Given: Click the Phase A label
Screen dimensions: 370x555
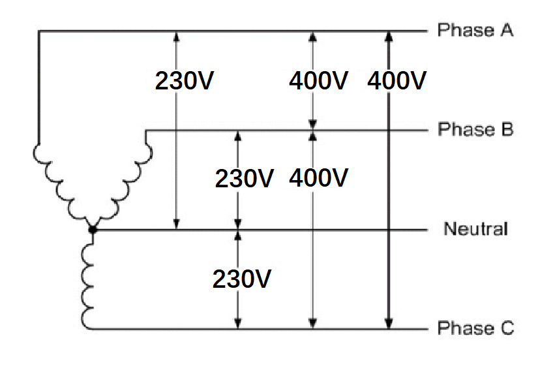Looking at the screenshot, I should click(x=475, y=30).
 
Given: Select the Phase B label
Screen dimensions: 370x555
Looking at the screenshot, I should click(x=475, y=129).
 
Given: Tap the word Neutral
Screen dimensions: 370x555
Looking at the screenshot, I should click(x=475, y=229).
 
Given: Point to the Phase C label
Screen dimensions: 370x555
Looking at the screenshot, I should click(x=475, y=328).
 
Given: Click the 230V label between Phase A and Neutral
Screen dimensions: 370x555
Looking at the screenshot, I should click(x=185, y=81).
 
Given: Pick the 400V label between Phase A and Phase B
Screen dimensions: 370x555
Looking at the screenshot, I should click(x=318, y=81).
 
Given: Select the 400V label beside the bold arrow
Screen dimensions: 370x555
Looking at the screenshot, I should click(x=397, y=81).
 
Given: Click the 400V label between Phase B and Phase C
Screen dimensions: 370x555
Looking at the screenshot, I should click(x=318, y=177).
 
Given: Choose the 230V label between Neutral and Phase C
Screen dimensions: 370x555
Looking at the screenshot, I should click(x=242, y=279).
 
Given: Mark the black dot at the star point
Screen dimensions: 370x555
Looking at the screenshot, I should click(x=93, y=229).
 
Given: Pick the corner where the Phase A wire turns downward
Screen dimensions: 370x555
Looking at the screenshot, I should click(x=38, y=31).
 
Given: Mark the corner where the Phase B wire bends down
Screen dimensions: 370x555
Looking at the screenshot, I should click(x=145, y=131).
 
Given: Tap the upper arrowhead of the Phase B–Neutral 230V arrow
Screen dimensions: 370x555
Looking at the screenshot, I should click(x=237, y=136).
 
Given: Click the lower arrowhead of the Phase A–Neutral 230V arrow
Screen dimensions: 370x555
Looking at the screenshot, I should click(x=176, y=224).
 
